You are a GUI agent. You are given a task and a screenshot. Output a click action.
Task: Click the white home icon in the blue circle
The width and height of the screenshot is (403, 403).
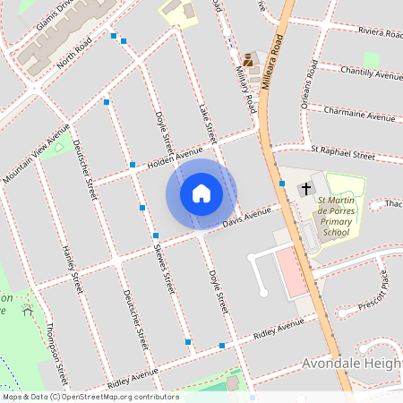(201, 193)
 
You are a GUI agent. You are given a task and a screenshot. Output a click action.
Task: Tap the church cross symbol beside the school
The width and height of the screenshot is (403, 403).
(306, 188)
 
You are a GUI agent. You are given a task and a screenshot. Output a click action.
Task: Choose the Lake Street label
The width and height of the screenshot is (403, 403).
(208, 123)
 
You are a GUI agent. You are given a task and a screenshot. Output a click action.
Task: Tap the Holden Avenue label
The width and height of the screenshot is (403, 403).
(176, 157)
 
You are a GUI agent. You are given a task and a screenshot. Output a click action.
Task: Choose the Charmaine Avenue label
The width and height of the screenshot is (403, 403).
(364, 117)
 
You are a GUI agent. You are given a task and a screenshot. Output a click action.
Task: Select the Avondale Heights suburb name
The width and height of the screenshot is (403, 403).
(349, 364)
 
